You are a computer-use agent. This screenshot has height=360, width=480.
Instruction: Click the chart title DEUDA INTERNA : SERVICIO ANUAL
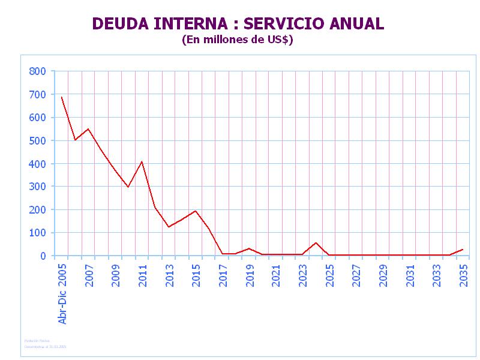point(238,24)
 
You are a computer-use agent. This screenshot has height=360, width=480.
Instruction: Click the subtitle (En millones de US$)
point(238,40)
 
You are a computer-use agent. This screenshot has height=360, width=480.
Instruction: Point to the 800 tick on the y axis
point(37,71)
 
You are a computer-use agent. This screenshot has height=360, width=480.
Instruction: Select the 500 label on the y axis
point(37,140)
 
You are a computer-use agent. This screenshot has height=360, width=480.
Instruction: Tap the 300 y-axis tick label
point(37,187)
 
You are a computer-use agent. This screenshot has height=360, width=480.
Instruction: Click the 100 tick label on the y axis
point(37,233)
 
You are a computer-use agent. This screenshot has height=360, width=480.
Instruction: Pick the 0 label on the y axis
point(43,256)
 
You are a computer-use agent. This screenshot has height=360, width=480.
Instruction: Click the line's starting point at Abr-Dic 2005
point(61,97)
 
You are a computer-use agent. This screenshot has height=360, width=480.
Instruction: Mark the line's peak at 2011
point(142,161)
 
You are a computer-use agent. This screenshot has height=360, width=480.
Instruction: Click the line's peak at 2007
point(88,129)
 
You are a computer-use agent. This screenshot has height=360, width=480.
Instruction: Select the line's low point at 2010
point(128,187)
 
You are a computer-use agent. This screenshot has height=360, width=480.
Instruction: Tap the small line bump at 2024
point(316,242)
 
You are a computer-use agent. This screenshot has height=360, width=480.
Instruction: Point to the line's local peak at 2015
point(196,211)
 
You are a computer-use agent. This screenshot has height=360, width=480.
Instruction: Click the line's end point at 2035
point(463,249)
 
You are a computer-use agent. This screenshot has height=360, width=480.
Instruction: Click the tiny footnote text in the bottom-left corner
point(45,344)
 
